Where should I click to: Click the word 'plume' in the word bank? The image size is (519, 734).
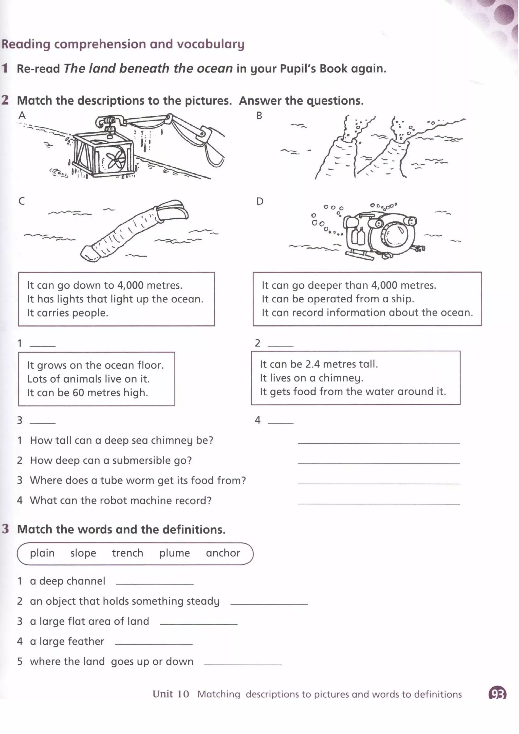175,553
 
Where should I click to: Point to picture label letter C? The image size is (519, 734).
22,201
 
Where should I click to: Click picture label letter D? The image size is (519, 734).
260,201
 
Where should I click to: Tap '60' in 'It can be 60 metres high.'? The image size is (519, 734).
78,392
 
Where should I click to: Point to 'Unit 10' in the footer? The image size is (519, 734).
171,694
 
